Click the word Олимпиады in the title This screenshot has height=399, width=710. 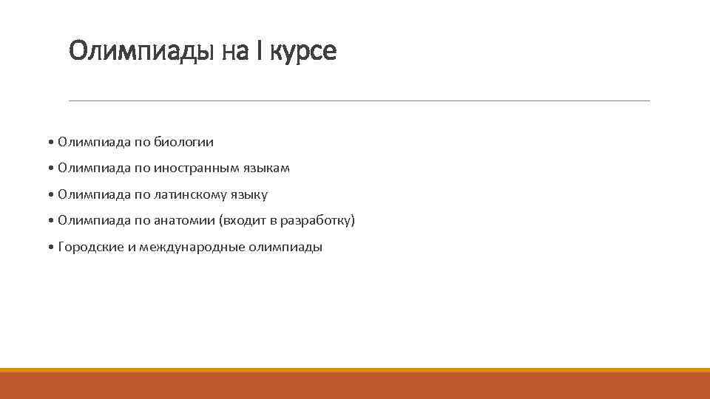[141, 52]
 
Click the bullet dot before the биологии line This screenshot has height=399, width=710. [50, 142]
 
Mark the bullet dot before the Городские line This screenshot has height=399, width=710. [50, 248]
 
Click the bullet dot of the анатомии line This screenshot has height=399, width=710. [50, 221]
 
